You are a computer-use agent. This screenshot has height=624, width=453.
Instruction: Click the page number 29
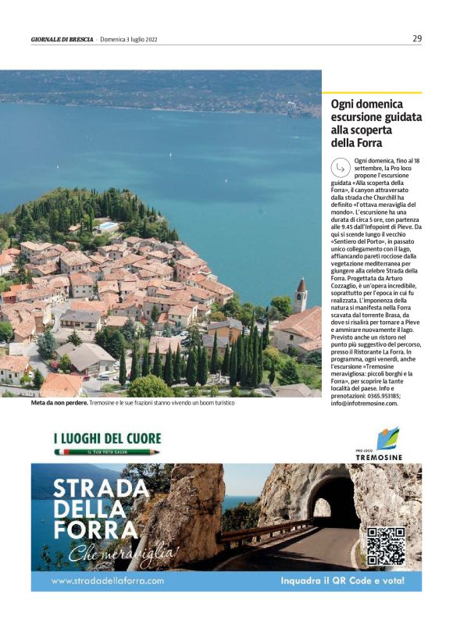click(417, 38)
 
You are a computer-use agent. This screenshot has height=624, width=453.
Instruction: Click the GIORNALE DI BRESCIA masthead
click(62, 39)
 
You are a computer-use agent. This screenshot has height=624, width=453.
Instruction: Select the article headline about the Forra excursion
click(376, 123)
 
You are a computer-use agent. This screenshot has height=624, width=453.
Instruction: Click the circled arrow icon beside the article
click(341, 167)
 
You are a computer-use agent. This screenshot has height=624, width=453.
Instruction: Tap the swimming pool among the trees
click(108, 226)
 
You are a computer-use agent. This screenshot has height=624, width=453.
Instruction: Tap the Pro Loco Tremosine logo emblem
click(387, 437)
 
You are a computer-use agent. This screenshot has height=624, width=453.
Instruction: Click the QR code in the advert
click(386, 546)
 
